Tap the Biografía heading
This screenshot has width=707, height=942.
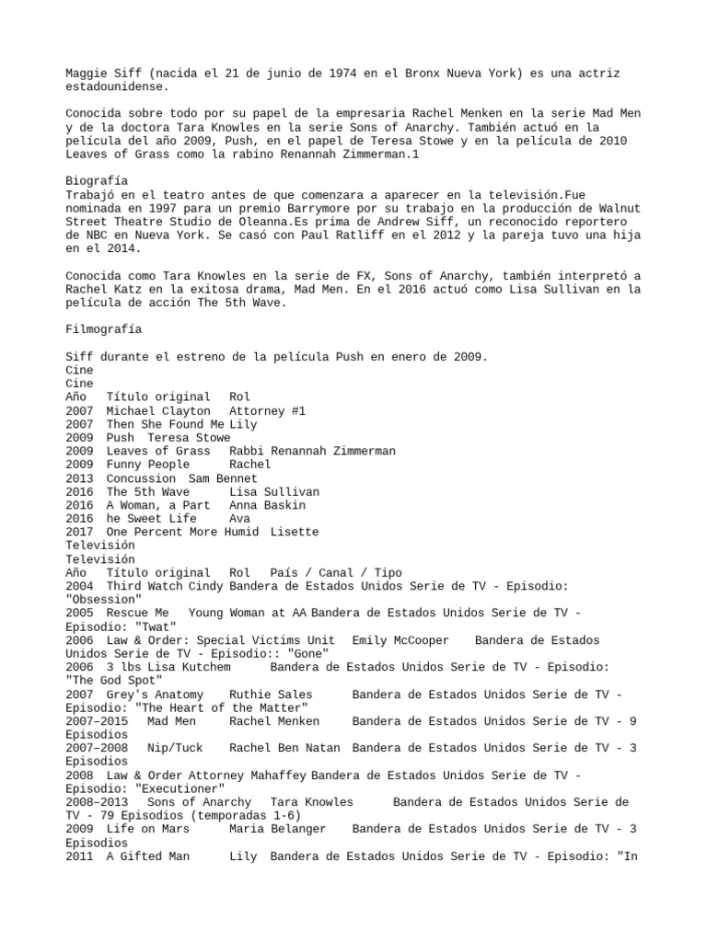coord(97,180)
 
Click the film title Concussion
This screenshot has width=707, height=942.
coord(141,478)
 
